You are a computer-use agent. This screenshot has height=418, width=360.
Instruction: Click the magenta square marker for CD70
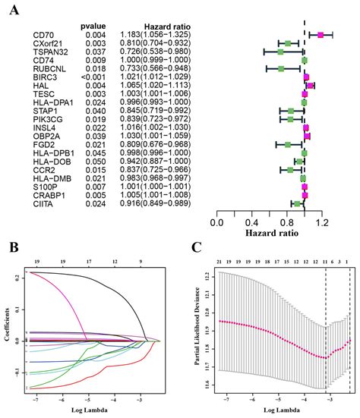pos(321,35)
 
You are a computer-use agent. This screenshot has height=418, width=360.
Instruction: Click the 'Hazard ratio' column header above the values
pos(163,25)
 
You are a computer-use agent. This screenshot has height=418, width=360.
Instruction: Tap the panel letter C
pos(197,247)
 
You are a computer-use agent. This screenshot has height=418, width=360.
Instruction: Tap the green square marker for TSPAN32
pos(281,52)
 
